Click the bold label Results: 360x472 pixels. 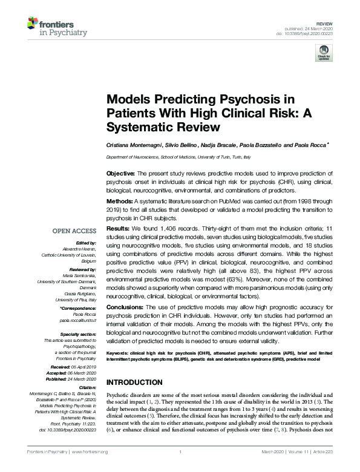[x=119, y=230]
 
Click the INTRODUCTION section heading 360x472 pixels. [x=135, y=382]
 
